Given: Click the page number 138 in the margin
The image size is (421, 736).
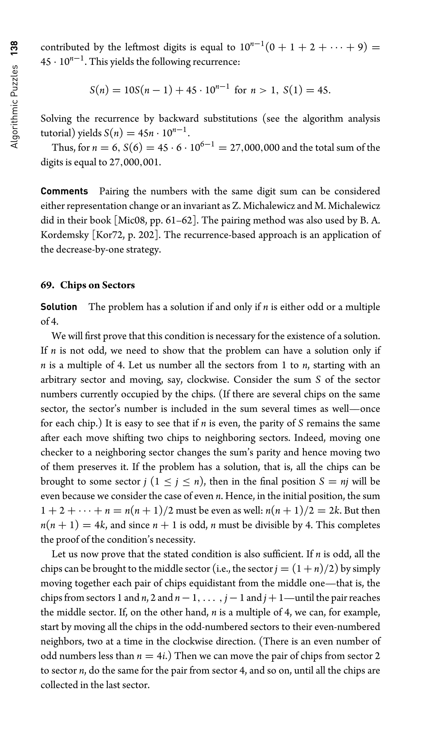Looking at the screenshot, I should tap(14, 48).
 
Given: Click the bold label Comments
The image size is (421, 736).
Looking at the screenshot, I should tap(64, 191).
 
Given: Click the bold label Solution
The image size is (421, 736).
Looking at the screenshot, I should tap(59, 307).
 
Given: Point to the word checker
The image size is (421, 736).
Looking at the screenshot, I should tap(57, 452).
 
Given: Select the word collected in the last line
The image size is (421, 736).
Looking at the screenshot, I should tap(59, 685).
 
